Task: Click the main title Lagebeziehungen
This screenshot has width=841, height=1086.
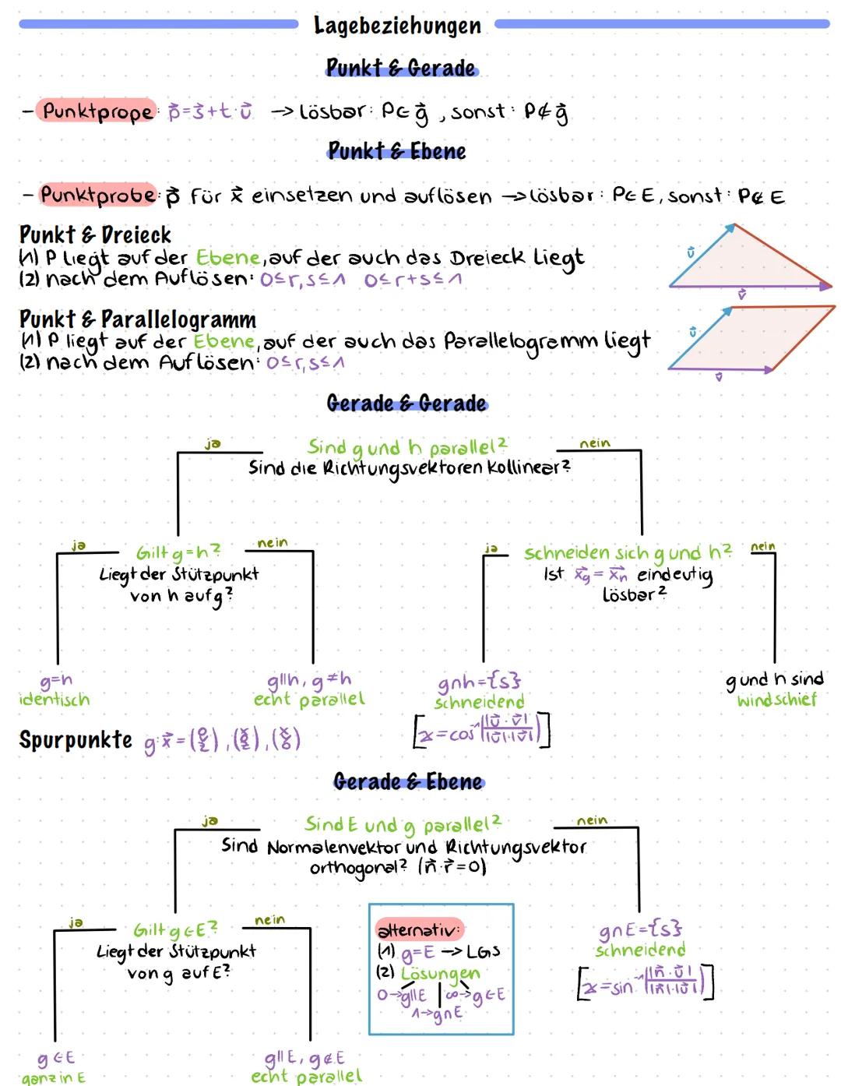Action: pos(397,26)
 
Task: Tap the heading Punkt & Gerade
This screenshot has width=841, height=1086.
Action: pos(401,69)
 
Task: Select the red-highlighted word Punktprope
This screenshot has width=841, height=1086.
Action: pos(97,111)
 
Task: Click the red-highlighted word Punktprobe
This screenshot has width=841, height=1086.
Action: pos(98,194)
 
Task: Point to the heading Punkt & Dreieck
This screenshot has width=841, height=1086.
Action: pos(95,234)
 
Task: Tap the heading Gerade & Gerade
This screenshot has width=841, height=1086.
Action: pos(406,403)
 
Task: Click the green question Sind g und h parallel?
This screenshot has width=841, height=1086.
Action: pos(406,447)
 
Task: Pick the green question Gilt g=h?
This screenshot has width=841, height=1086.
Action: pos(178,552)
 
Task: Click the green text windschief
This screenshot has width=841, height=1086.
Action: pos(776,700)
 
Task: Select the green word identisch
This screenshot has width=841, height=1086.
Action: pos(54,699)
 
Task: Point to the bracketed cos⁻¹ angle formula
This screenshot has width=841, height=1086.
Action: pos(481,730)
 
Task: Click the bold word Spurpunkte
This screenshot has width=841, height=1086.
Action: pos(76,739)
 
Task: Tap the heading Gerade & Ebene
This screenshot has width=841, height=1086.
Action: pos(408,781)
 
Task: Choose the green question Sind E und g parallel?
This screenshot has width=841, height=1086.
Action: pos(403,823)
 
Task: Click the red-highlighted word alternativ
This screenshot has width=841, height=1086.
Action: pos(419,929)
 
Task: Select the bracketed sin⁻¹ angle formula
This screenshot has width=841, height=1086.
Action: pos(646,983)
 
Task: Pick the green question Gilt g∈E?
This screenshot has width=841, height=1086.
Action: pos(175,929)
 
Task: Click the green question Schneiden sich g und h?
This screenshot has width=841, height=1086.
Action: pos(628,552)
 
